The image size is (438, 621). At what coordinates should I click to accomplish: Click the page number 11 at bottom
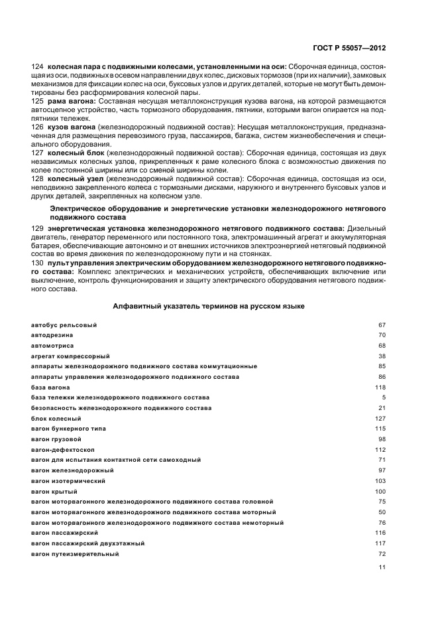pyautogui.click(x=382, y=567)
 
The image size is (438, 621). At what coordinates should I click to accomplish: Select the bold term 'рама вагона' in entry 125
pyautogui.click(x=72, y=101)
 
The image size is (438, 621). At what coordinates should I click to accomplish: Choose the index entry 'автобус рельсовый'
pyautogui.click(x=64, y=325)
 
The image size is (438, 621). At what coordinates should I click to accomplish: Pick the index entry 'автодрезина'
pyautogui.click(x=52, y=336)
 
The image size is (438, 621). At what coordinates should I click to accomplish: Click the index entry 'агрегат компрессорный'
pyautogui.click(x=70, y=356)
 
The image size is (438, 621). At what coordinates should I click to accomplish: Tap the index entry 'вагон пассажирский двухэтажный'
pyautogui.click(x=88, y=543)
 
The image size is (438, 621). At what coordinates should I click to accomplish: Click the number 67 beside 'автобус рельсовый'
pyautogui.click(x=382, y=325)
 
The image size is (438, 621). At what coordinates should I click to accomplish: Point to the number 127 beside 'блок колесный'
pyautogui.click(x=380, y=419)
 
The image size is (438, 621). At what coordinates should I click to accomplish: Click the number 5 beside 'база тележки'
pyautogui.click(x=384, y=397)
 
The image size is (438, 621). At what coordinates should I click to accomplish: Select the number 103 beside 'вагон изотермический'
pyautogui.click(x=380, y=480)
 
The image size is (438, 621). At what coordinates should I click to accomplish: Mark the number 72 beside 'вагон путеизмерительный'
pyautogui.click(x=382, y=553)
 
